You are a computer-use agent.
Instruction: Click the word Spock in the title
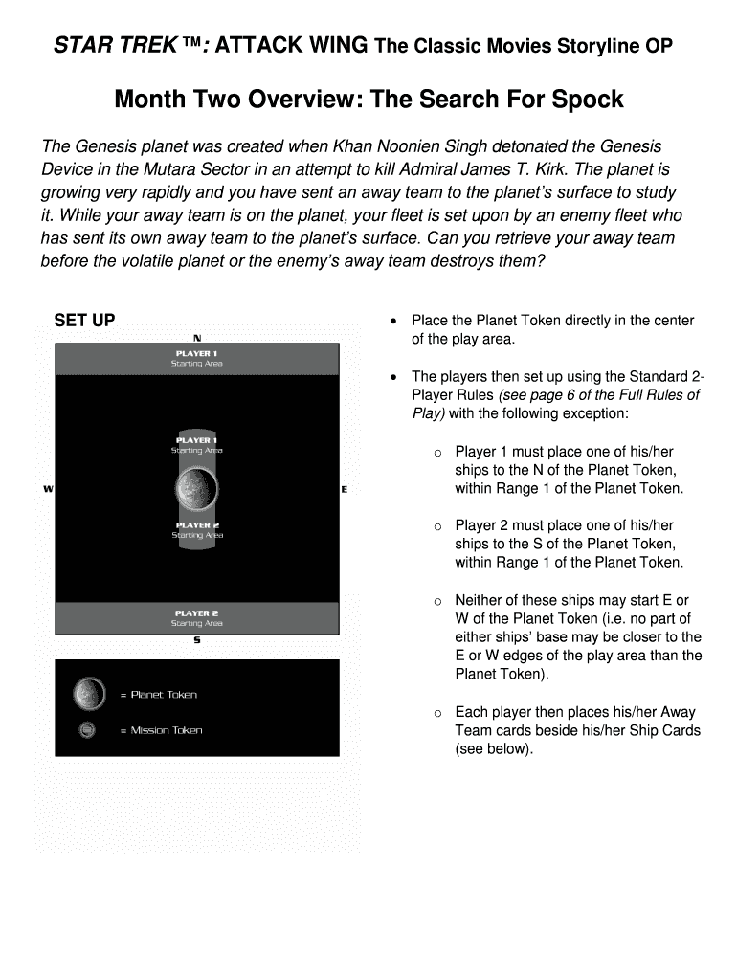(x=588, y=100)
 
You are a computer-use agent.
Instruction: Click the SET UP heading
(x=84, y=321)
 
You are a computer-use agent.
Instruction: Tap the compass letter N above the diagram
(x=197, y=337)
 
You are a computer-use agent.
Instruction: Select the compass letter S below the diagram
(x=197, y=640)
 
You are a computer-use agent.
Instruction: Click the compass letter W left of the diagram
(x=48, y=489)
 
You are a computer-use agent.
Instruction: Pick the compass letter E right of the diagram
(x=344, y=489)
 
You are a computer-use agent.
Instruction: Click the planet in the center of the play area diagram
(x=197, y=488)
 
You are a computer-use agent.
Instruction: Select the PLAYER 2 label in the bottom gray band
(x=196, y=613)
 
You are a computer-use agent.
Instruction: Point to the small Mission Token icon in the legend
(x=87, y=730)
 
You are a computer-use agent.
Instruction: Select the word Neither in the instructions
(x=480, y=601)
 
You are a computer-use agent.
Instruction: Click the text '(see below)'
(x=494, y=748)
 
